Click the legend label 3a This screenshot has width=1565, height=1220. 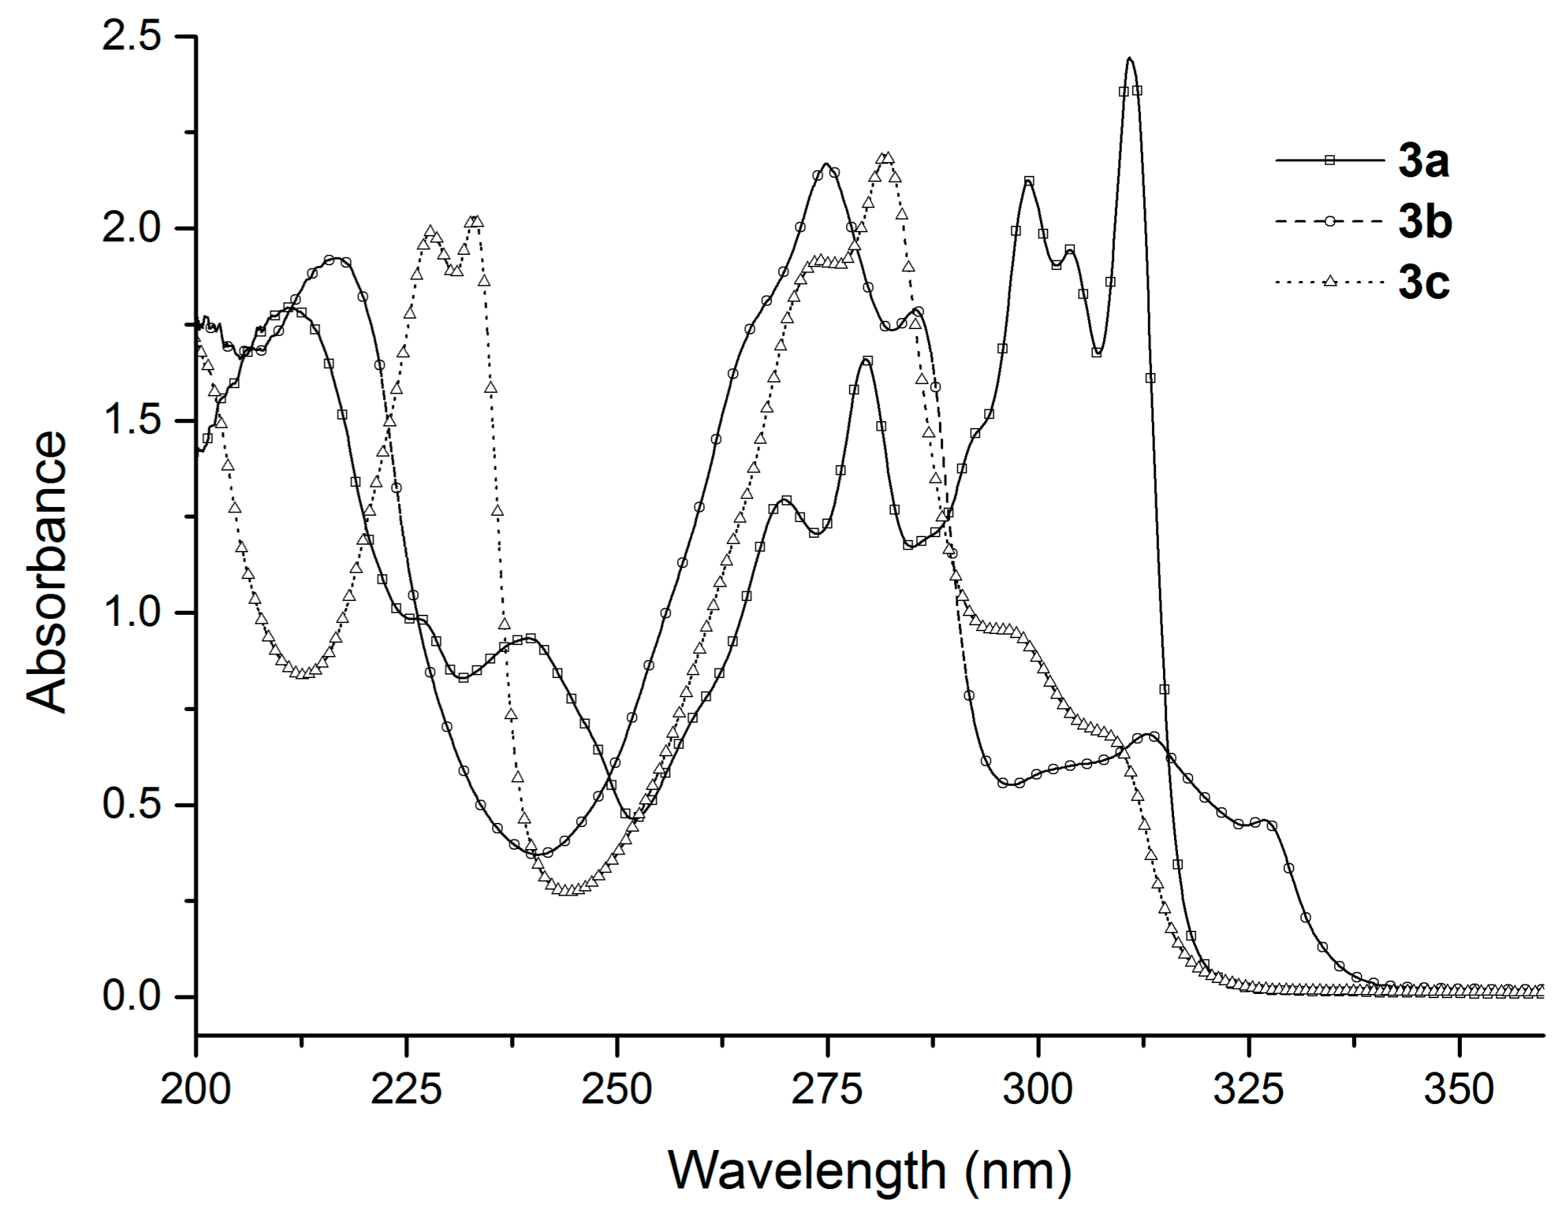tap(1424, 161)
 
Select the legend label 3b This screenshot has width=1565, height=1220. tap(1425, 222)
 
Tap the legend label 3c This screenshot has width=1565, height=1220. tap(1424, 283)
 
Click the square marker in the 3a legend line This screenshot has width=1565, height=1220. tap(1330, 161)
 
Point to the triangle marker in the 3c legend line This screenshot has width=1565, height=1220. tap(1330, 282)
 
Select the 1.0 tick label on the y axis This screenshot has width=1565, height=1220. tap(131, 613)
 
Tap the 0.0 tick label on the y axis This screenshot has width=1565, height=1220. tap(131, 997)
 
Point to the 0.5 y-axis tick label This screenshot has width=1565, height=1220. tap(131, 804)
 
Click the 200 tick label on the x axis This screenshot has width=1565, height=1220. tap(195, 1089)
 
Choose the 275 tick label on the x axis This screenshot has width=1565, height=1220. tap(828, 1089)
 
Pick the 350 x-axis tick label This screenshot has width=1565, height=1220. tap(1459, 1089)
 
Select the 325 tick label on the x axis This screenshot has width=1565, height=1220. tap(1248, 1089)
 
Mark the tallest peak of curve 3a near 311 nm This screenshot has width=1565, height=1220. tap(1130, 60)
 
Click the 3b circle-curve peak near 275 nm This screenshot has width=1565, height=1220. tap(826, 166)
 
